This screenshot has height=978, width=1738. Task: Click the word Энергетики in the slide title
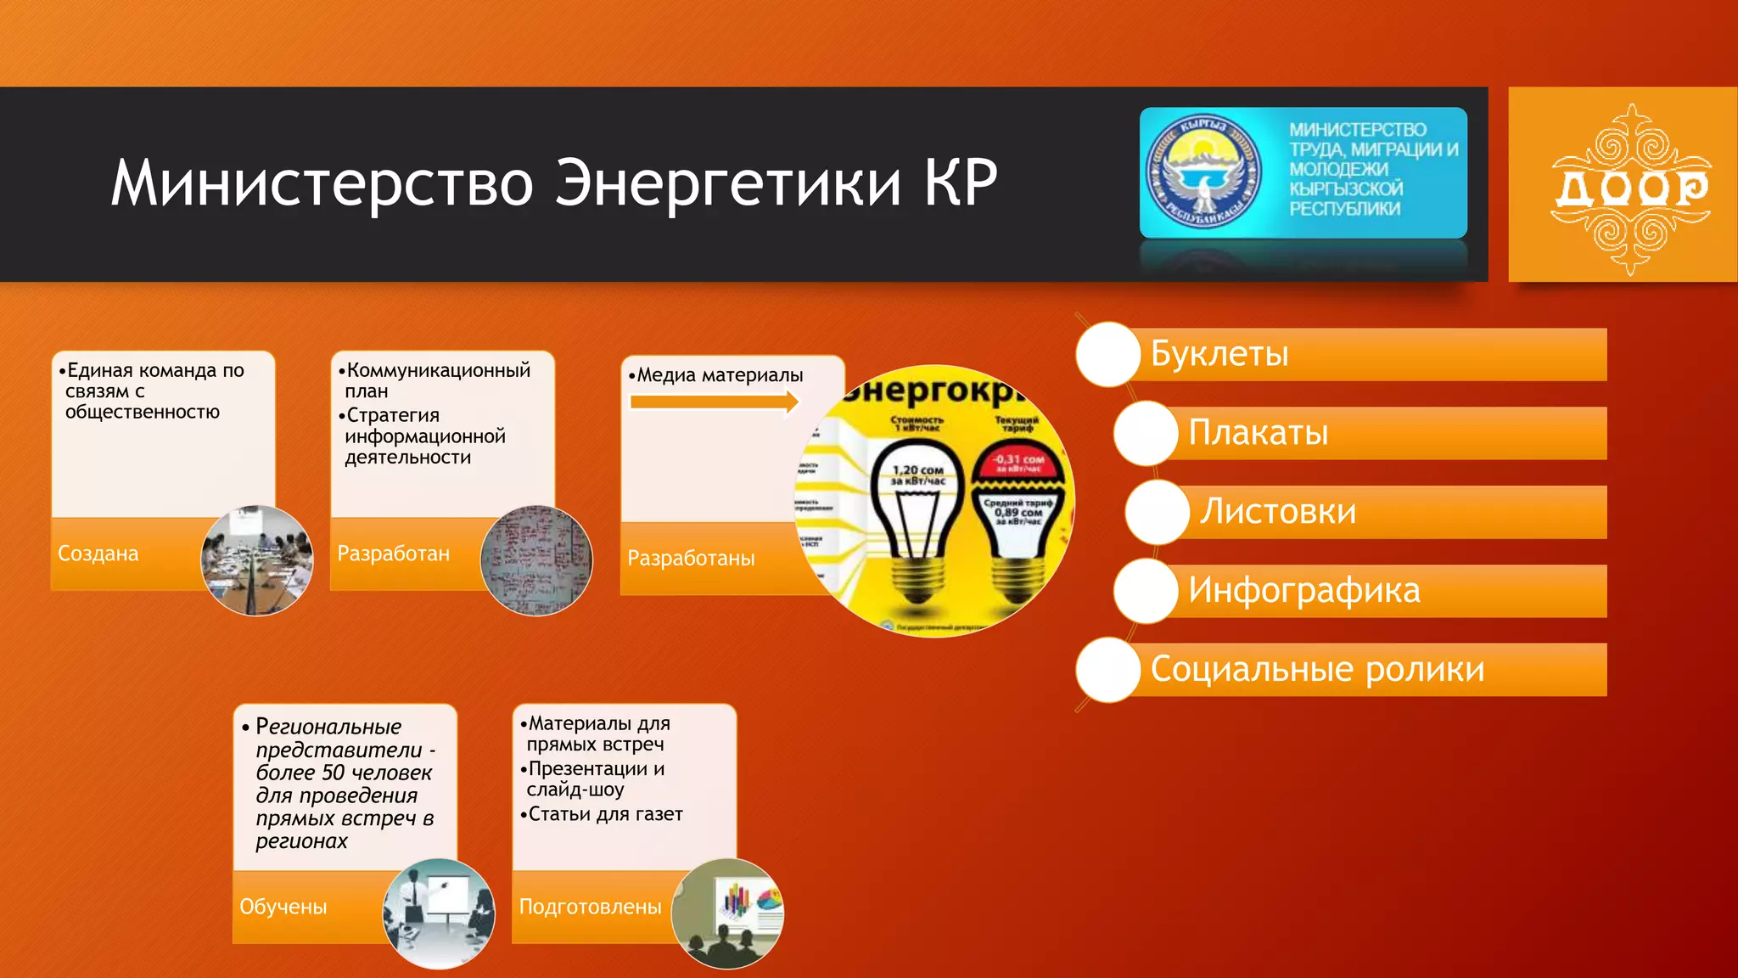tap(727, 183)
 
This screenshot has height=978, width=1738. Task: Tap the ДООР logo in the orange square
tap(1629, 188)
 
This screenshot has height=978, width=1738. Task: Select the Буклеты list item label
tap(1219, 354)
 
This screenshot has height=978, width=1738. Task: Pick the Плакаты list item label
tap(1258, 433)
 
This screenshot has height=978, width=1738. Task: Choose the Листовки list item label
tap(1277, 512)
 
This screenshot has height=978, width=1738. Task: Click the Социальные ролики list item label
tap(1317, 670)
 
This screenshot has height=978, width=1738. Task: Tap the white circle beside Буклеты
tap(1108, 354)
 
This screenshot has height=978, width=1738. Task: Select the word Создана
tap(98, 554)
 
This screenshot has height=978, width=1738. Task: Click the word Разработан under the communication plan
tap(394, 554)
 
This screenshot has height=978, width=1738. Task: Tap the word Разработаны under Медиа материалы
tap(691, 559)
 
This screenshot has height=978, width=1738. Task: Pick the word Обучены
tap(283, 907)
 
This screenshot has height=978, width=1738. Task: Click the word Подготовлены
tap(591, 907)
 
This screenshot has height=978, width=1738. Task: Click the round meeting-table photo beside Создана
tap(256, 560)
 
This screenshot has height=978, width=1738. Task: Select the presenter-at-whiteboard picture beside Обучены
tap(439, 913)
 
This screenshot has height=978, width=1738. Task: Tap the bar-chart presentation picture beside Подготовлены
tap(727, 913)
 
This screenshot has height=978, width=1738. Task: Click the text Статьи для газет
tap(605, 814)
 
